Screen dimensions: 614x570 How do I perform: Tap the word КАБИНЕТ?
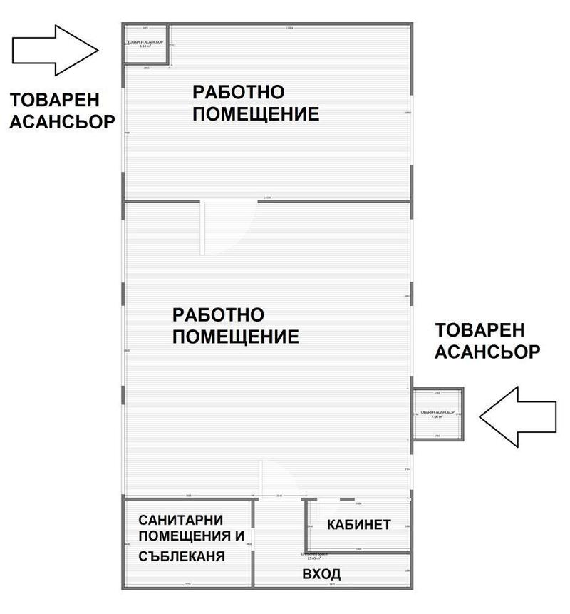click(359, 526)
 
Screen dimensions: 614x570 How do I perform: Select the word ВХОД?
click(321, 574)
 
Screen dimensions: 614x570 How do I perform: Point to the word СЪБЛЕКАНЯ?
click(182, 556)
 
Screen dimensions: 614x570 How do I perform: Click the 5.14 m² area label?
click(145, 46)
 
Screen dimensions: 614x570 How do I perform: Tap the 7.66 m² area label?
click(437, 417)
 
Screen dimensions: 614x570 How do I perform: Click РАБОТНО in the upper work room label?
click(239, 92)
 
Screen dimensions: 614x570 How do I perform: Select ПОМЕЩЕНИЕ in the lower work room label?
click(236, 337)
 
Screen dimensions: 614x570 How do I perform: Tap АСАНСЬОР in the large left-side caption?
click(61, 122)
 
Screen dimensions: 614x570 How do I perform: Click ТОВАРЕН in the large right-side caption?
click(480, 330)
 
